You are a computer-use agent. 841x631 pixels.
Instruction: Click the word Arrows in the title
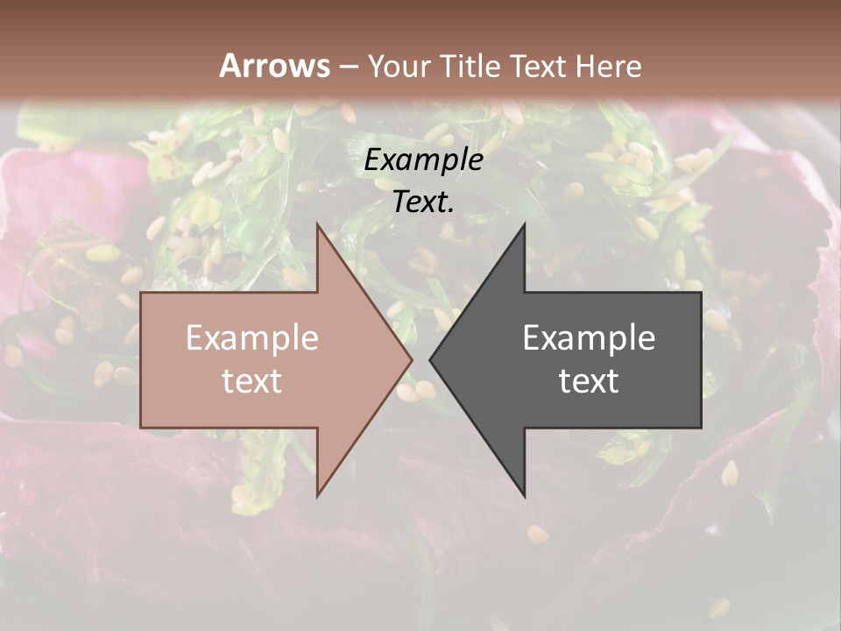pyautogui.click(x=274, y=66)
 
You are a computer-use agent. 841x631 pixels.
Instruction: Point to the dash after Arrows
pyautogui.click(x=348, y=67)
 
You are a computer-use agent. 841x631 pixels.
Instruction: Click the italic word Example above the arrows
pyautogui.click(x=424, y=160)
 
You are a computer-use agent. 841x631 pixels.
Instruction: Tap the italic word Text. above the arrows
pyautogui.click(x=424, y=202)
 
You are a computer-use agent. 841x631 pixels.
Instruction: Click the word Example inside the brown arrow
pyautogui.click(x=252, y=338)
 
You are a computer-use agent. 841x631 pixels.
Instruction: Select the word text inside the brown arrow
pyautogui.click(x=252, y=381)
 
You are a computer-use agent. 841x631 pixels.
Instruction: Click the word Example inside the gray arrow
pyautogui.click(x=589, y=338)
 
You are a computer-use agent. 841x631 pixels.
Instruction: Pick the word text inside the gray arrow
pyautogui.click(x=589, y=381)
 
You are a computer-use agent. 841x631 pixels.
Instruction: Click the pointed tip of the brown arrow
pyautogui.click(x=412, y=360)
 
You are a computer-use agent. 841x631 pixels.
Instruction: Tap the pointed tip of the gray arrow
pyautogui.click(x=430, y=360)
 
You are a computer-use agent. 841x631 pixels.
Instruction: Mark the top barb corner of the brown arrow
pyautogui.click(x=318, y=224)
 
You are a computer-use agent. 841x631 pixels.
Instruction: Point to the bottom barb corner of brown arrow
pyautogui.click(x=318, y=496)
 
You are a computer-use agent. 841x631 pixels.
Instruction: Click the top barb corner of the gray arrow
pyautogui.click(x=524, y=224)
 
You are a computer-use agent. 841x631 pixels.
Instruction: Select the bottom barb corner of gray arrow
pyautogui.click(x=524, y=496)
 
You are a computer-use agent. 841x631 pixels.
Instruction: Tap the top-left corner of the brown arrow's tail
pyautogui.click(x=141, y=293)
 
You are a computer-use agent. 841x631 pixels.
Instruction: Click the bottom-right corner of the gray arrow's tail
pyautogui.click(x=701, y=428)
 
